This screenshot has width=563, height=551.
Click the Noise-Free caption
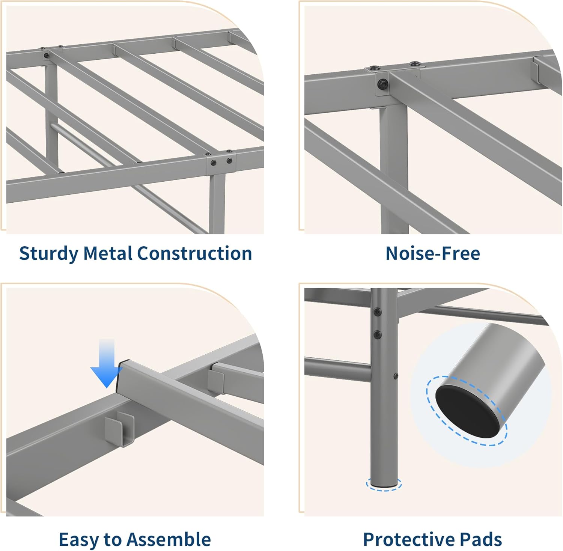[432, 253]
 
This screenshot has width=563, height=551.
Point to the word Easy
[79, 540]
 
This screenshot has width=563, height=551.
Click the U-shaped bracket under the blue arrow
[119, 428]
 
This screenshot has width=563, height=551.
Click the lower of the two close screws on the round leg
[378, 334]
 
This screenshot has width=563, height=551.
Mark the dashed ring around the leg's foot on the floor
[385, 485]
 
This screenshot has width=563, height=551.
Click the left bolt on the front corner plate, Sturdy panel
[214, 163]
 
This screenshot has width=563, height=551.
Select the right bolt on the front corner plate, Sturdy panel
[229, 161]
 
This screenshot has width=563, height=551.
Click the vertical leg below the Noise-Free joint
[393, 169]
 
